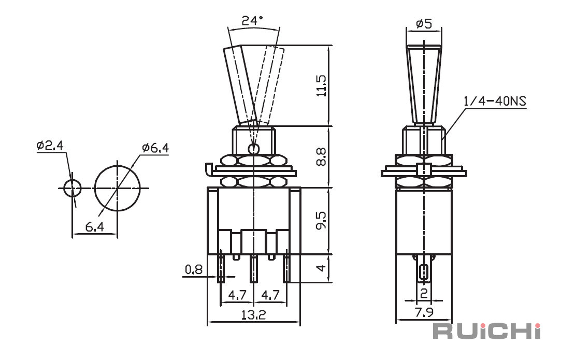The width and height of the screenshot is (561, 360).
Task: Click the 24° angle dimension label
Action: (253, 20)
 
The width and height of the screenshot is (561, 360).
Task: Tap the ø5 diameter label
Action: (424, 24)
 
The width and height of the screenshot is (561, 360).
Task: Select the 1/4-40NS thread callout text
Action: (495, 102)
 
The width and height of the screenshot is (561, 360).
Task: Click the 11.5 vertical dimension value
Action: (321, 85)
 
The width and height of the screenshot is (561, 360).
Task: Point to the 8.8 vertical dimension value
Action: (321, 157)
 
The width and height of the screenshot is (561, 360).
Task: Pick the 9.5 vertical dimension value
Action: (321, 221)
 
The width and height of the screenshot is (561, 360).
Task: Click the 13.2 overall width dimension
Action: (253, 315)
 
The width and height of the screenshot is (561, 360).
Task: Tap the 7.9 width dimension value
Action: (424, 312)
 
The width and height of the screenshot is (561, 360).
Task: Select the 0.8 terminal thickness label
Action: (194, 269)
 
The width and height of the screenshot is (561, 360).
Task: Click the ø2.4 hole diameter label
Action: (50, 145)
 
